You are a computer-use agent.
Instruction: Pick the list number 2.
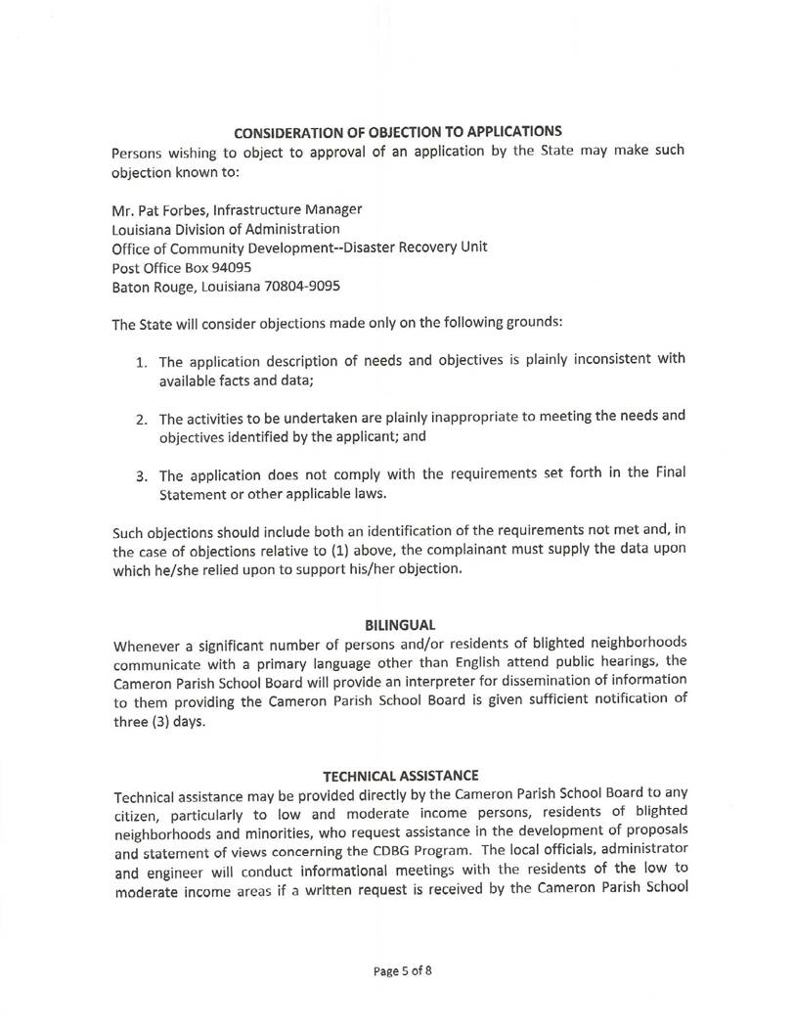[141, 420]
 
